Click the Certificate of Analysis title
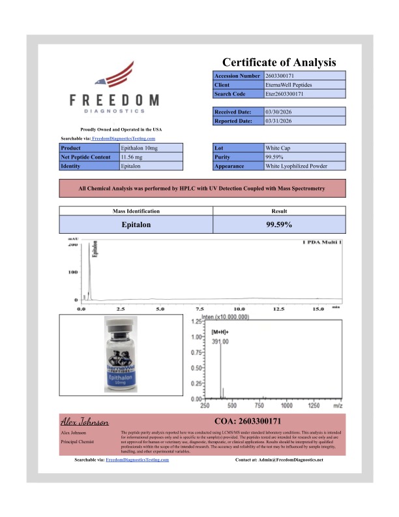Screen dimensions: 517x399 point(279,63)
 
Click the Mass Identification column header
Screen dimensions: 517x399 point(136,211)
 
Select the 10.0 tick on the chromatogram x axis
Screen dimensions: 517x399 point(239,307)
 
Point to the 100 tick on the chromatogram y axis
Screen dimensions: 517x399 point(73,272)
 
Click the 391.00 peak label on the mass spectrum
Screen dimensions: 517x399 point(220,341)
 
